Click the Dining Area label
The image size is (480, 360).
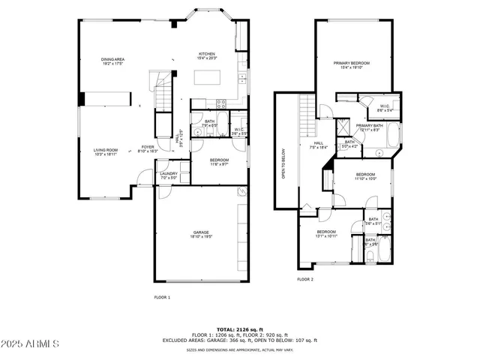(x=113, y=61)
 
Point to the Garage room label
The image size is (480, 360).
(x=199, y=234)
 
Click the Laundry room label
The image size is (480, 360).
(x=169, y=175)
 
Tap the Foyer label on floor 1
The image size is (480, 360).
(x=148, y=148)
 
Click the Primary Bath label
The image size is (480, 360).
(x=370, y=127)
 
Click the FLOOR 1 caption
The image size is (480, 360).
(x=163, y=298)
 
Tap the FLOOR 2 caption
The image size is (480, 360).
(x=305, y=279)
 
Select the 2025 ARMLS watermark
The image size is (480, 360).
(x=31, y=343)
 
